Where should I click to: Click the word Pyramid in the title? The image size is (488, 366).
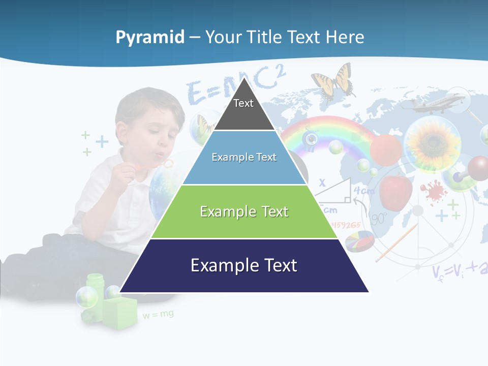coord(150,38)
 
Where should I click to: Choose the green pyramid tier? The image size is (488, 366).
coord(244,212)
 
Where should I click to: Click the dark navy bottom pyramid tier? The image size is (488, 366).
coord(244,266)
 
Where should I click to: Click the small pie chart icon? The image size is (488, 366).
coord(359,241)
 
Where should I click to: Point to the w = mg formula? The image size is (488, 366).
coord(158,315)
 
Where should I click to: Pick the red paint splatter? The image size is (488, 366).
coord(433,191)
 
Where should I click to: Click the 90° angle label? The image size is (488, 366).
coord(379,219)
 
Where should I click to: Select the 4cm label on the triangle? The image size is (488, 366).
coord(364,191)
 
